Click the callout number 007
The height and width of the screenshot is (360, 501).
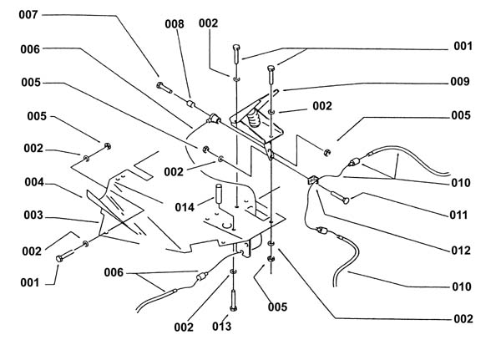tap(28, 15)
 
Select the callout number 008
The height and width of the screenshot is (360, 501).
tap(175, 24)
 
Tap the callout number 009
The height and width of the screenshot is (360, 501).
tap(460, 82)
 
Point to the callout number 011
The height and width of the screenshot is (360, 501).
tap(458, 215)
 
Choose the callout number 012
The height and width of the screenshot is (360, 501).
tap(461, 251)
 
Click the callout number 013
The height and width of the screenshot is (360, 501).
tap(222, 327)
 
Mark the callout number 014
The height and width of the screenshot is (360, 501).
tap(185, 207)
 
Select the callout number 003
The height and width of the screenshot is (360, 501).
tap(33, 215)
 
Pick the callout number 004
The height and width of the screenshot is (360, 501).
tap(34, 182)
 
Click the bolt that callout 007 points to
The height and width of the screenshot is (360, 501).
tap(164, 87)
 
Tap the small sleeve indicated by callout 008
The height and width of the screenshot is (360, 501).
tap(190, 104)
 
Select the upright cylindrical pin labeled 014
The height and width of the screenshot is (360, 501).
tap(219, 194)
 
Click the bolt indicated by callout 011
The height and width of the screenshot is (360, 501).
tap(340, 197)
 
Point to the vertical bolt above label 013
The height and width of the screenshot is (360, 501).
tap(233, 301)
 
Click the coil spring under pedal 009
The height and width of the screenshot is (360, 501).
tap(255, 119)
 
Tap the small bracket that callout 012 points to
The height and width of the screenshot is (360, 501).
tap(313, 180)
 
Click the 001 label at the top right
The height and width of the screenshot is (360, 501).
tap(463, 46)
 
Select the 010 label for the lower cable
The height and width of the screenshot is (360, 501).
tap(462, 286)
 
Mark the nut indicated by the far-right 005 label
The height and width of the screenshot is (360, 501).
tap(326, 153)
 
